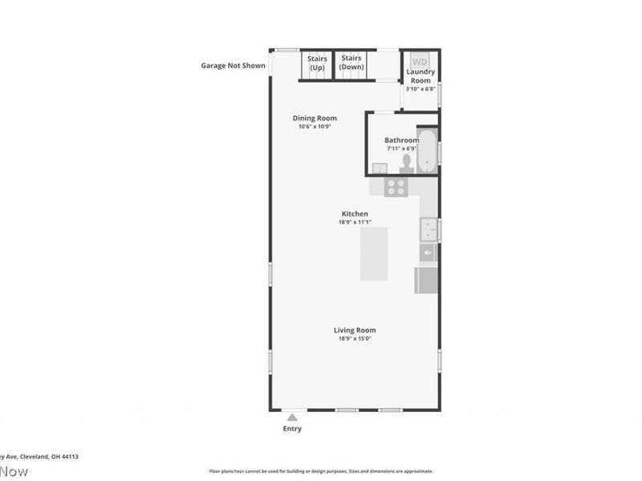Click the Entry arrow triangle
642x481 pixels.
tap(293, 417)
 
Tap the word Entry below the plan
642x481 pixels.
tap(293, 429)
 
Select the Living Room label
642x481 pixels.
tap(355, 330)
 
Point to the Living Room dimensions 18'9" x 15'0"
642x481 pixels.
tap(355, 338)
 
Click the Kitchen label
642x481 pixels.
tap(355, 213)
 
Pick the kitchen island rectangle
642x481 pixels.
tap(374, 253)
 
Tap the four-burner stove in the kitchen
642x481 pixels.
tap(396, 187)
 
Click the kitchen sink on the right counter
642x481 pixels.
tap(429, 230)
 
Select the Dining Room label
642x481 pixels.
tap(315, 119)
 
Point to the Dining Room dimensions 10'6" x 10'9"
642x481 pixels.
tap(315, 127)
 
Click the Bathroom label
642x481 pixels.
tap(401, 140)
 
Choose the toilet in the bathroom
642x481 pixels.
tap(406, 163)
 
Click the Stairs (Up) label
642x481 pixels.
tap(316, 63)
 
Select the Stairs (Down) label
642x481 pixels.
tap(351, 63)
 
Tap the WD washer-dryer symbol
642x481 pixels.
tap(420, 62)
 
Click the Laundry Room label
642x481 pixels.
tap(421, 76)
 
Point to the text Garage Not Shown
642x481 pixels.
tap(233, 66)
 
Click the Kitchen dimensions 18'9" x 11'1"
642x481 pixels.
tap(355, 222)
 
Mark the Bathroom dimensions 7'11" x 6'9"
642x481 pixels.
tap(401, 148)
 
